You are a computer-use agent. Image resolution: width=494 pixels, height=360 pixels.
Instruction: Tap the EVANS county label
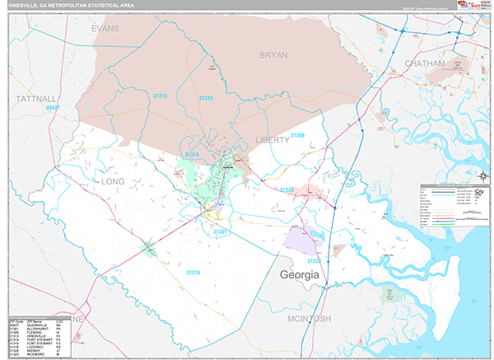[x=105, y=28]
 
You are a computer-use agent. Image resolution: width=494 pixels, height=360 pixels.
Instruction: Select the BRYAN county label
[x=273, y=54]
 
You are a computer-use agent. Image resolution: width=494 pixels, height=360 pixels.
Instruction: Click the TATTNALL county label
[x=36, y=98]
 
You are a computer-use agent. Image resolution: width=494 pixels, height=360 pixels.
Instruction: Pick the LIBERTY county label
[x=272, y=140]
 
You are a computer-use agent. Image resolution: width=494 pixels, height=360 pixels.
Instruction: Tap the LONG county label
[x=112, y=180]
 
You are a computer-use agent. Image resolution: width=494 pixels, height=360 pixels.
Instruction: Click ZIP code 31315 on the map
[x=206, y=98]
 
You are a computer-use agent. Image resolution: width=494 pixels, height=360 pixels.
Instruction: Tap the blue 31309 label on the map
[x=297, y=135]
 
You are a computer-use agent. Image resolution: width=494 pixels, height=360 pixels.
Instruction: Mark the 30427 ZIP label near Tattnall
[x=54, y=107]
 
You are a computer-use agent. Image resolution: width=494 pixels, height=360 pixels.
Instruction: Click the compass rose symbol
[x=483, y=174]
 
